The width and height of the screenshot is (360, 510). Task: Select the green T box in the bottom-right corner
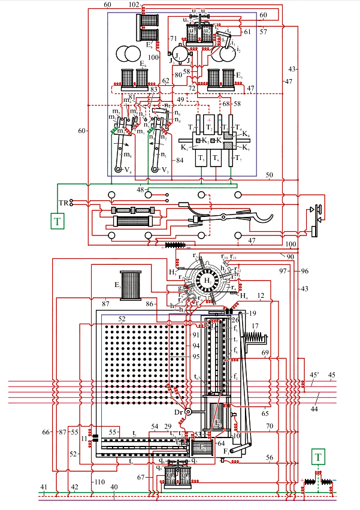319,458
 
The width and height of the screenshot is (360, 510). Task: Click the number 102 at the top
134,4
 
